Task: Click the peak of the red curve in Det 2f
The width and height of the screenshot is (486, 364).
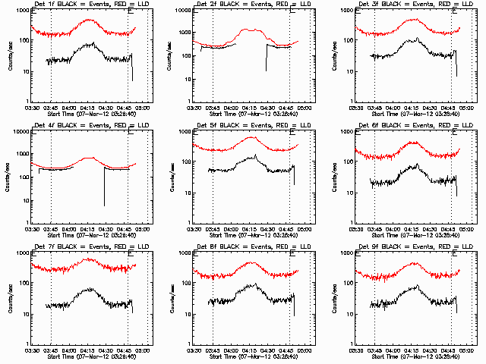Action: click(249, 30)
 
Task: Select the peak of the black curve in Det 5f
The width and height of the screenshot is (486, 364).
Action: click(255, 155)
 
